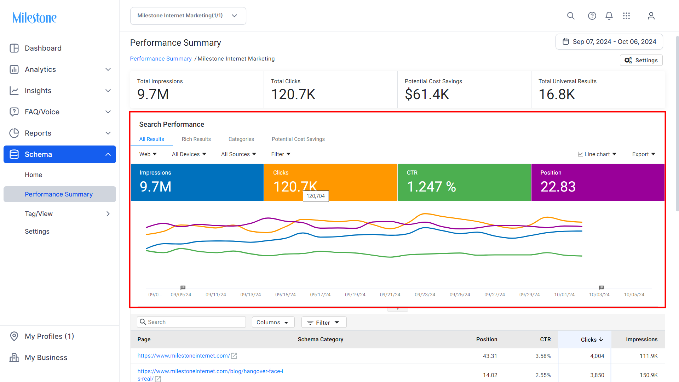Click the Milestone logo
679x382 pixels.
[x=34, y=17]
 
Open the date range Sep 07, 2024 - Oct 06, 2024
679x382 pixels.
[x=609, y=42]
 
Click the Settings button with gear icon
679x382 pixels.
[x=641, y=60]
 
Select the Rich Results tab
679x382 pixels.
[x=196, y=139]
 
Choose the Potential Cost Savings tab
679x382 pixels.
[x=298, y=139]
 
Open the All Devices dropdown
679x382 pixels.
[x=189, y=154]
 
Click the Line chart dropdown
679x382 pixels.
[x=597, y=154]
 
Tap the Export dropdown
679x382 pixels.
[x=644, y=154]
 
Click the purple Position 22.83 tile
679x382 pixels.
[x=598, y=182]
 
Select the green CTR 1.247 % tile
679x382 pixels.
[x=464, y=182]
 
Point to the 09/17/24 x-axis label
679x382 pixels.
[x=320, y=295]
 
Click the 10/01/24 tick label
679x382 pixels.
[x=564, y=295]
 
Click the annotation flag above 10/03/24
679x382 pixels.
[x=601, y=287]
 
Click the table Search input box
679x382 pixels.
[x=191, y=322]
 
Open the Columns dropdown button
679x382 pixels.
[x=273, y=322]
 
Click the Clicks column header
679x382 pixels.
[x=592, y=340]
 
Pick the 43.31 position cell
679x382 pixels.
[x=490, y=356]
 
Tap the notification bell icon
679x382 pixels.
[x=609, y=16]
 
